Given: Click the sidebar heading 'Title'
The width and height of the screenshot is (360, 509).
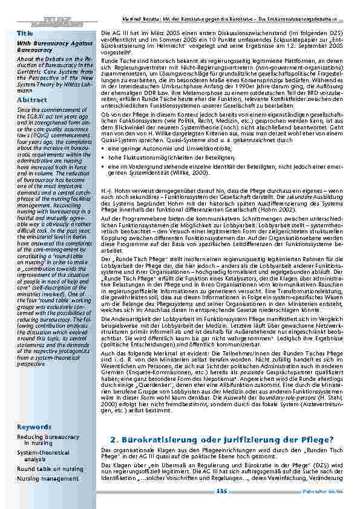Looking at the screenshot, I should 25,32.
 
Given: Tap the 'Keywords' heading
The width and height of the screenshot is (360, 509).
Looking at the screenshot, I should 34,427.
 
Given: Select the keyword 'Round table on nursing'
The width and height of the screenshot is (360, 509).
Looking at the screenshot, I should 50,468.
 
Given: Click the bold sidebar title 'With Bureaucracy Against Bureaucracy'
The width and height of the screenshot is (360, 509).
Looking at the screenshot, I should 50,47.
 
